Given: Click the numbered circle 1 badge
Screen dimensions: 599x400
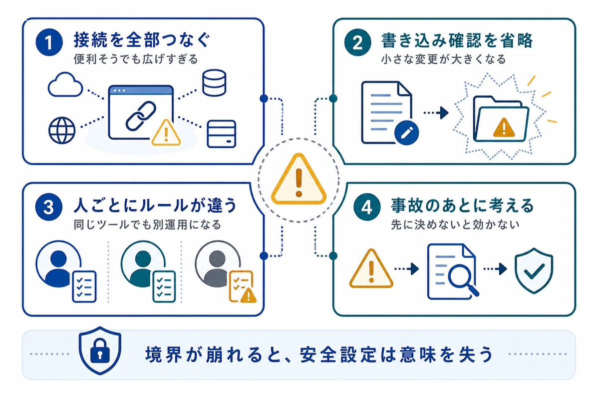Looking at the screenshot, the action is click(49, 42).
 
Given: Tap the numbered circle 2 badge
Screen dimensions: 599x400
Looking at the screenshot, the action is click(358, 42).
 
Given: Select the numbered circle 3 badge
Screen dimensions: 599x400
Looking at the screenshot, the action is click(49, 207).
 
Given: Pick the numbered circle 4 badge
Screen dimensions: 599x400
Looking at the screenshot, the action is click(367, 207).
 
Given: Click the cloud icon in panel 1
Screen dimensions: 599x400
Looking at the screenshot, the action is click(65, 84).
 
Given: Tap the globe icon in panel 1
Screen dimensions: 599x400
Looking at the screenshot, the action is click(62, 130).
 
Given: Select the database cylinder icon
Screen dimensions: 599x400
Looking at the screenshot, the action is click(214, 83).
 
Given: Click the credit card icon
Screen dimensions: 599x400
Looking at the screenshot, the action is click(222, 134).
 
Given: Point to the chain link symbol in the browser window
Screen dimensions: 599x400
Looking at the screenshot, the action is click(141, 115).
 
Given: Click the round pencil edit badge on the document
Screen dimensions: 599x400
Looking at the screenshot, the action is click(406, 132).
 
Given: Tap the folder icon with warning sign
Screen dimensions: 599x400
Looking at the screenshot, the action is click(501, 119).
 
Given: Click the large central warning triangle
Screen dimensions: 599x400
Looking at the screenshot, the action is click(299, 179).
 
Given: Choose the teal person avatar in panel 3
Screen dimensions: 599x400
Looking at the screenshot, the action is click(143, 264).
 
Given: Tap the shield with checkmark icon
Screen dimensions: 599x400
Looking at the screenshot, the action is click(534, 270).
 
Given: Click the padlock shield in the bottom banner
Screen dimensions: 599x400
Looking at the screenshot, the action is click(100, 350).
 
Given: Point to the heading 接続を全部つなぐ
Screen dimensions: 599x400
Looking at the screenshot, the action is click(142, 40).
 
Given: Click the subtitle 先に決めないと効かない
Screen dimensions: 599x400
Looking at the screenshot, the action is click(455, 224).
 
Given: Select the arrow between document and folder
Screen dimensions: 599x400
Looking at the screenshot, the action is click(436, 113).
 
